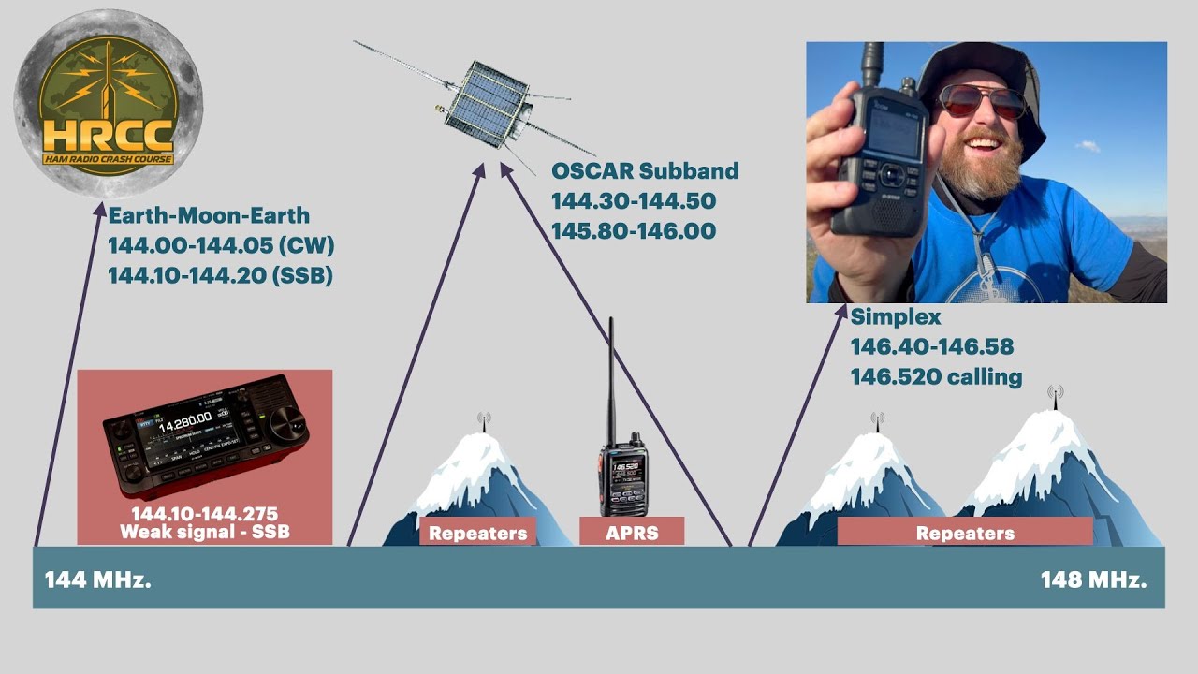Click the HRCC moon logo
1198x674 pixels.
click(108, 103)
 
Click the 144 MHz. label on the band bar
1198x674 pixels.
click(97, 579)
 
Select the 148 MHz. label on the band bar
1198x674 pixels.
click(1093, 579)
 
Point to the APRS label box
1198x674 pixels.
click(632, 533)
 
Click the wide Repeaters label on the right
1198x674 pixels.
click(965, 533)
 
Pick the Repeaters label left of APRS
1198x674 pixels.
click(477, 534)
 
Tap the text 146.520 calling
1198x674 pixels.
click(935, 377)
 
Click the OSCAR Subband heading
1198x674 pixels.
click(644, 171)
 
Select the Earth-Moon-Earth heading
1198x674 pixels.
click(208, 216)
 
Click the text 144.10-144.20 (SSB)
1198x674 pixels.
click(220, 276)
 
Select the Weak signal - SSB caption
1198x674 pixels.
click(204, 533)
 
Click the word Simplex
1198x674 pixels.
click(895, 317)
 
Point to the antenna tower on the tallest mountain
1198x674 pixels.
click(1056, 397)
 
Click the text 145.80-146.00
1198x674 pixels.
click(633, 231)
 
